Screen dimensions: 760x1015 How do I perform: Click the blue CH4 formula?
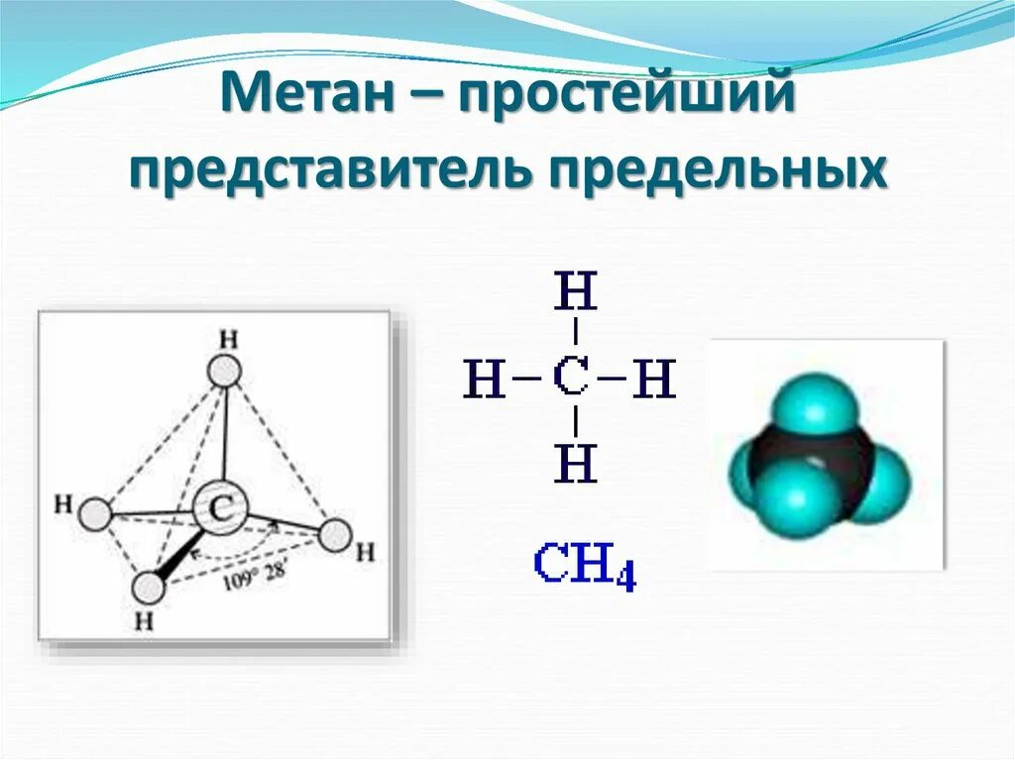pyautogui.click(x=584, y=565)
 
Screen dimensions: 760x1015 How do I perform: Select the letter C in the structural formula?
pyautogui.click(x=576, y=379)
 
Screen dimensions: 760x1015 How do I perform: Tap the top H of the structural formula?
pyautogui.click(x=576, y=293)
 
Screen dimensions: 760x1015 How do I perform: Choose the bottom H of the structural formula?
pyautogui.click(x=576, y=463)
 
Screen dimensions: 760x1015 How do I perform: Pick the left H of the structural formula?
pyautogui.click(x=485, y=379)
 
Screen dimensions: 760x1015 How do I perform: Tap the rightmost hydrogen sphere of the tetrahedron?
pyautogui.click(x=335, y=536)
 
